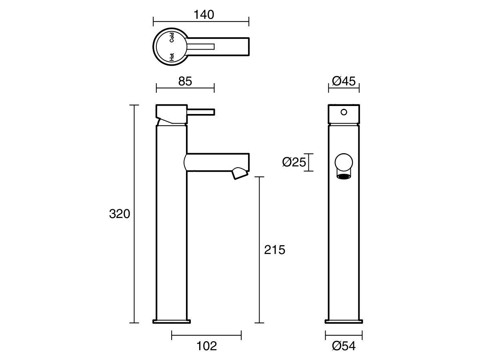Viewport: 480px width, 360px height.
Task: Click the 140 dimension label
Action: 204,15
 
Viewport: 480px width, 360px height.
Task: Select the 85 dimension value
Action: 185,81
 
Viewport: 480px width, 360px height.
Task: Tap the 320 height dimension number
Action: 119,214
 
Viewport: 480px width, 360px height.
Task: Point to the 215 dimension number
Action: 275,250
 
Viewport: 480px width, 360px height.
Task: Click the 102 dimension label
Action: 207,346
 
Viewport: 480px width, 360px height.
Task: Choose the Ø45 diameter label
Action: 344,81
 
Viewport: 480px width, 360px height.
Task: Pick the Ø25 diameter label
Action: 294,162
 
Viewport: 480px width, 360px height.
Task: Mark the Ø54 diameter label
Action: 344,346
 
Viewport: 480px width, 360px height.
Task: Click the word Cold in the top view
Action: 172,37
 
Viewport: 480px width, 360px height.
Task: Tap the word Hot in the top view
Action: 172,57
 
